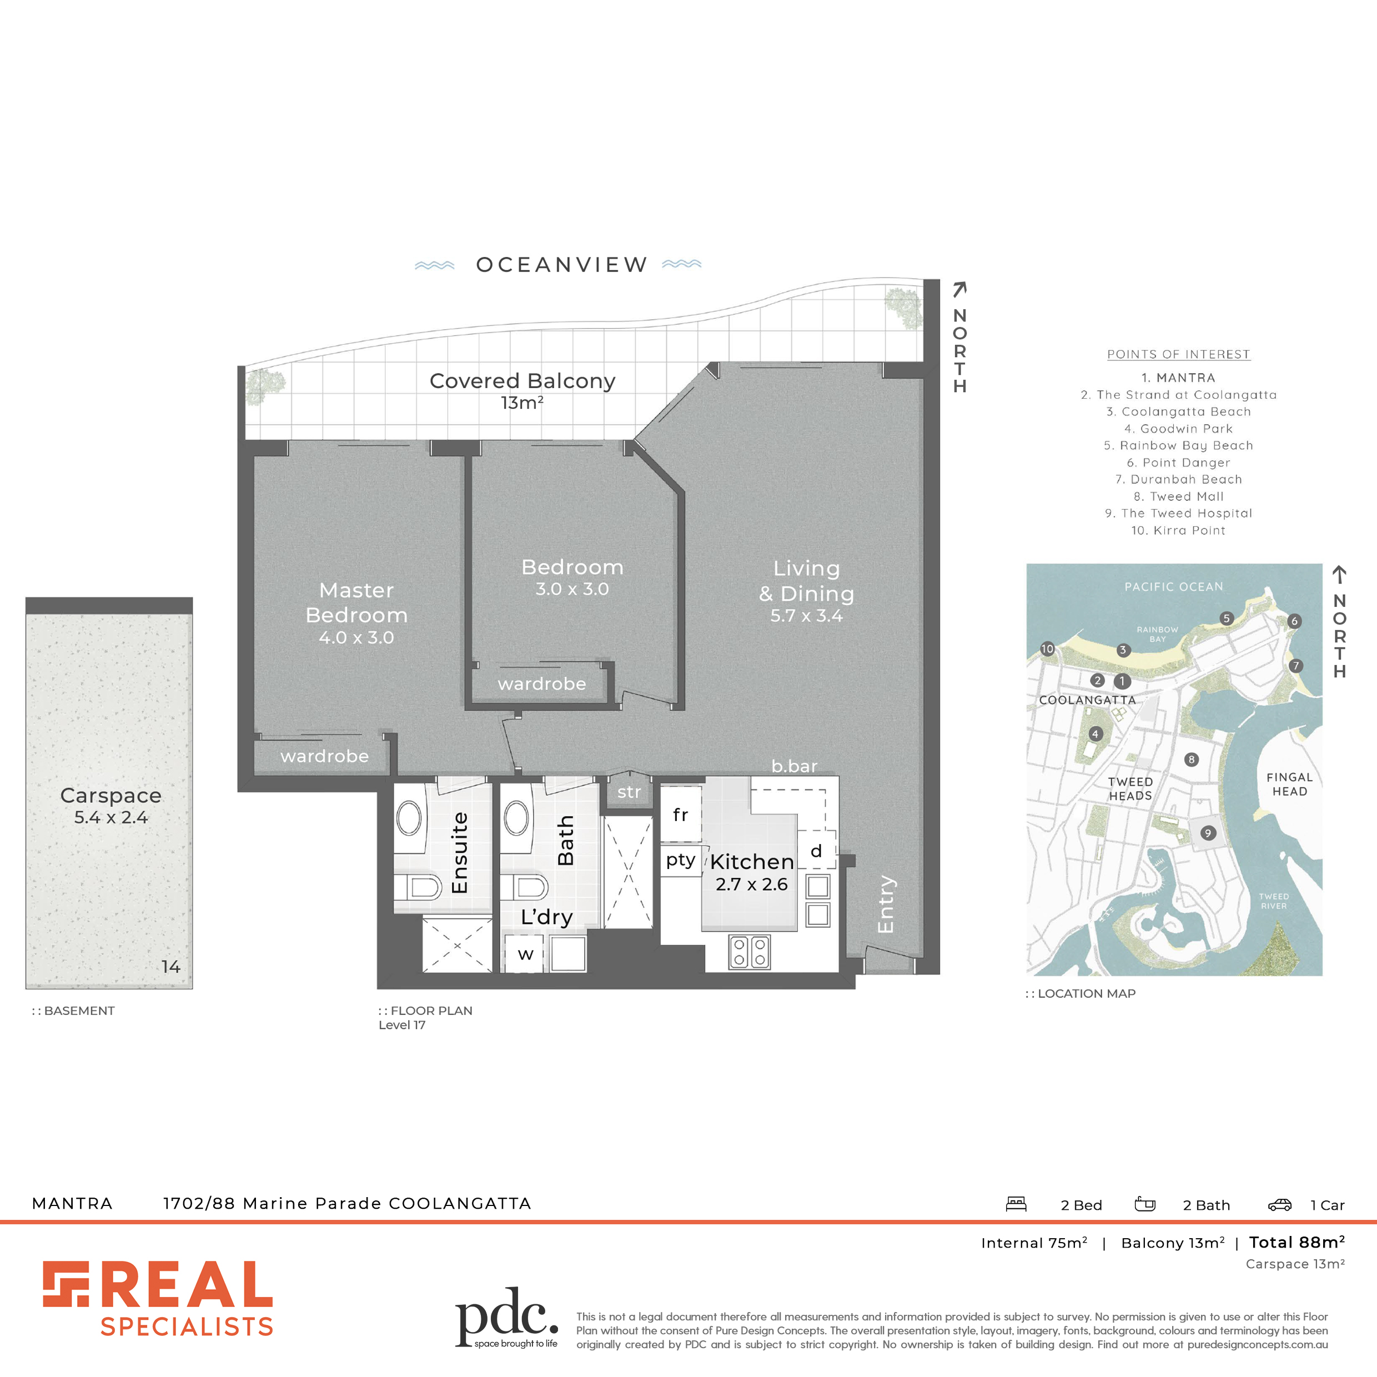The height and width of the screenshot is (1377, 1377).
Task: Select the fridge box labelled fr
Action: coord(681,814)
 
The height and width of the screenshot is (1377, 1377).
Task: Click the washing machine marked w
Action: coord(525,954)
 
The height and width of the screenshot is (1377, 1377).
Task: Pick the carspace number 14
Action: coord(170,967)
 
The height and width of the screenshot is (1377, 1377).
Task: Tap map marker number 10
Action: coord(1047,649)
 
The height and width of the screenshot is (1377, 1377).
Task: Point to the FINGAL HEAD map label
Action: coord(1289,784)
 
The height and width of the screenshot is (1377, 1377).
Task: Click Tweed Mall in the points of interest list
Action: coord(1179,496)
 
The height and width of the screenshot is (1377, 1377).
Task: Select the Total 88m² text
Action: coord(1297,1242)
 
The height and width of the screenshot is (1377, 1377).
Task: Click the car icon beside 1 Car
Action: coord(1279,1204)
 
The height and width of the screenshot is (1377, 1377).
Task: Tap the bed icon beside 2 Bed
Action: coord(1016,1204)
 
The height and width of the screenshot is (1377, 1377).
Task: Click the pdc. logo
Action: coord(507,1318)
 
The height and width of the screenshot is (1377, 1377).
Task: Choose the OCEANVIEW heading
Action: coord(562,264)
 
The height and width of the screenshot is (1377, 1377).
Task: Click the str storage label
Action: coord(629,792)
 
